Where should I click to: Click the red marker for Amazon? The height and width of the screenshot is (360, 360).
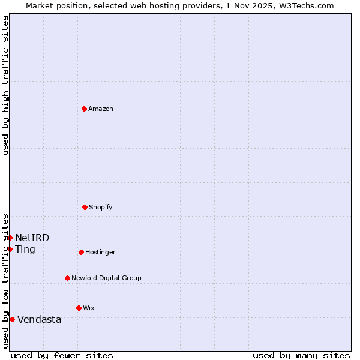coord(84,109)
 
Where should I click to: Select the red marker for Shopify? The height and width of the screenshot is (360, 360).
coord(85,207)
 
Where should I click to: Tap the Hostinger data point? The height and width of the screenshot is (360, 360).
coord(81,252)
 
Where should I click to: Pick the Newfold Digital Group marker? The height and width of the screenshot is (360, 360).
coord(67,278)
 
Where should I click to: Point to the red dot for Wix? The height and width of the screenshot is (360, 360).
coord(79,308)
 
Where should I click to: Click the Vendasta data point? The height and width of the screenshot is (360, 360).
coord(12,319)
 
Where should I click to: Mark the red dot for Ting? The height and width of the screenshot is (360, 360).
coord(10,249)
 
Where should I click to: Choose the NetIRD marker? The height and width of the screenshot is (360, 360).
coord(10,238)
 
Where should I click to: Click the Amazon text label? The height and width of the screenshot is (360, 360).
coord(101,109)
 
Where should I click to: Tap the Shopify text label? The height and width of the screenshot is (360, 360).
coord(101,207)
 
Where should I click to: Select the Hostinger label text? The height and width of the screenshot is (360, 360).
coord(100,252)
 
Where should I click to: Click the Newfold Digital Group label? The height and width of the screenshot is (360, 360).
coord(106,278)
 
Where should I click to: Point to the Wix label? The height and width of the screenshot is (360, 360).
coord(89,308)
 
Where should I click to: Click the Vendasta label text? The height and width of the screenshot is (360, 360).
coord(40,319)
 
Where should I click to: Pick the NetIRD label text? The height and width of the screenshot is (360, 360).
coord(32,238)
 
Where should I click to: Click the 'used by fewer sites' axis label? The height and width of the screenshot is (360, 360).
coord(62,355)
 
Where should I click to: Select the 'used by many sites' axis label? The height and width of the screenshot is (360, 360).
coord(301,355)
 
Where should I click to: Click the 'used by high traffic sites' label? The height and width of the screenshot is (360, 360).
coord(5,85)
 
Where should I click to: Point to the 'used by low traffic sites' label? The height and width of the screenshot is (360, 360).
coord(5,280)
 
